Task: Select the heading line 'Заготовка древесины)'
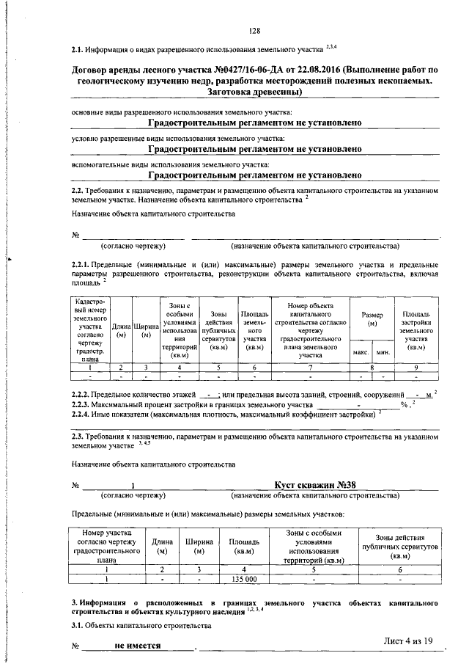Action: (x=254, y=92)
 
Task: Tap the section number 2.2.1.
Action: (x=82, y=264)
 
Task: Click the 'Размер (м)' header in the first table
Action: (x=372, y=318)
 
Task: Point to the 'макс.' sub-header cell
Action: (x=361, y=353)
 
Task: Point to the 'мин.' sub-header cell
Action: (x=383, y=353)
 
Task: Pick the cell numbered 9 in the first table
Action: (x=416, y=366)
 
